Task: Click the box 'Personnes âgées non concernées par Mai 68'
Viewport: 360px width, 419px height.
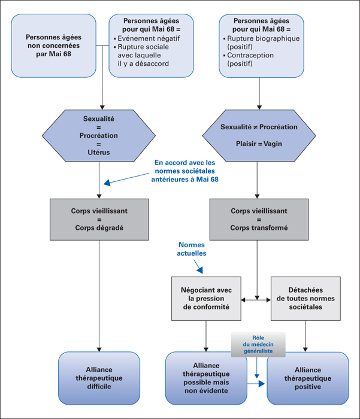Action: (x=53, y=45)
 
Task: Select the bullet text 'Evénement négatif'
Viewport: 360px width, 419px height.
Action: (x=149, y=38)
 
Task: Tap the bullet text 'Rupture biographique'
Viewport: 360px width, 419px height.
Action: (x=263, y=38)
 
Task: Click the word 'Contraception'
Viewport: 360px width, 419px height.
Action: (x=250, y=55)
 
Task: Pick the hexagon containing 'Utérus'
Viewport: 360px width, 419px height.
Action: (x=99, y=135)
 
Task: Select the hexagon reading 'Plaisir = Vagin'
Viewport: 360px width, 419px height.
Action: (x=259, y=135)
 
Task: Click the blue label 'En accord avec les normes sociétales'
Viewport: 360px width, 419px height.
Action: (x=185, y=167)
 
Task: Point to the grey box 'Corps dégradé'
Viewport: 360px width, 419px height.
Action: (x=99, y=220)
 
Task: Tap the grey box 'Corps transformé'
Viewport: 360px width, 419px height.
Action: (x=259, y=220)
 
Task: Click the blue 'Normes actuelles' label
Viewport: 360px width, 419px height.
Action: (x=192, y=249)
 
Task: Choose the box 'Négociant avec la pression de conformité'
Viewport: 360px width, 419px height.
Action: (x=206, y=299)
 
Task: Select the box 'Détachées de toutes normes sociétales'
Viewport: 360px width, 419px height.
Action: (x=305, y=299)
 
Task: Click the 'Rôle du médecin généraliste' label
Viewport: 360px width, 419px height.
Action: (x=258, y=344)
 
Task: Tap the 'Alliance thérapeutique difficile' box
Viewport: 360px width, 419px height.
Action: (x=99, y=378)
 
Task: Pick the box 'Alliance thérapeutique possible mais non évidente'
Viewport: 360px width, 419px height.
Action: (x=206, y=378)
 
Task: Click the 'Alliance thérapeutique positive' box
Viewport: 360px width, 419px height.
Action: (x=308, y=378)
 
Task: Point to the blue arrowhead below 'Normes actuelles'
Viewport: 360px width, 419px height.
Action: (x=200, y=270)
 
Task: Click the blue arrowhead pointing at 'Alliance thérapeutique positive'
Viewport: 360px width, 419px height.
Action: (x=262, y=384)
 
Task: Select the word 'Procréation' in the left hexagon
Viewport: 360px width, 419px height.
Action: (x=99, y=135)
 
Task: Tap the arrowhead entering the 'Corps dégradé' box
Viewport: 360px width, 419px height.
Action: (x=99, y=196)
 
